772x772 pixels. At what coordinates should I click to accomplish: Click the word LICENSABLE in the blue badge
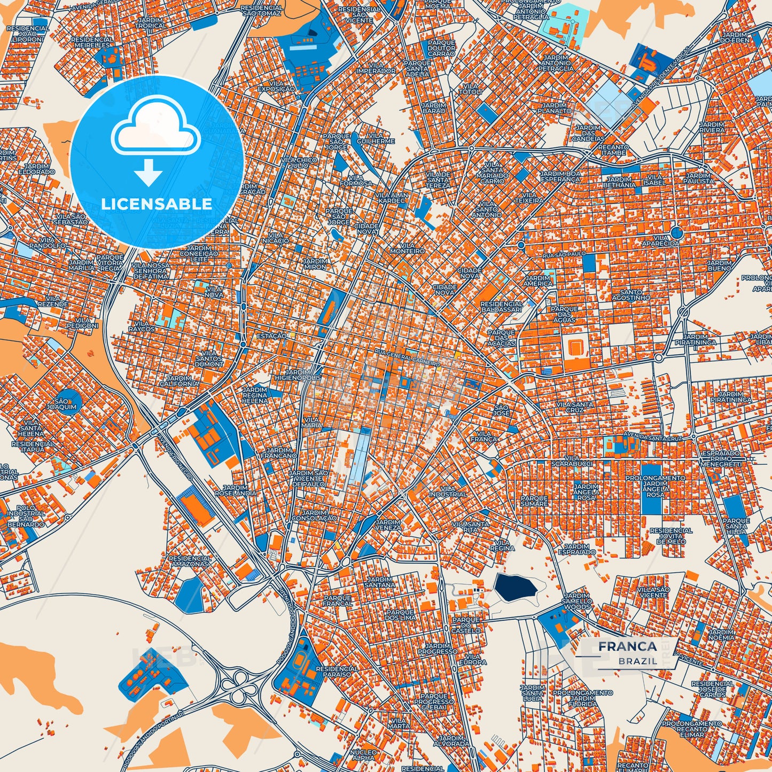click(157, 204)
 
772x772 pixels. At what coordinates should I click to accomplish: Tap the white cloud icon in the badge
click(156, 128)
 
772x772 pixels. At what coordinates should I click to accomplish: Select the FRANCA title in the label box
click(627, 646)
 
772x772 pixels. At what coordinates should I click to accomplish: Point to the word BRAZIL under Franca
click(638, 661)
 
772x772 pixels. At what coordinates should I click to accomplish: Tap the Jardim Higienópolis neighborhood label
click(298, 375)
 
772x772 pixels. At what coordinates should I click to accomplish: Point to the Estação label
click(271, 336)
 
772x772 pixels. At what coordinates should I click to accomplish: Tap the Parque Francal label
click(337, 601)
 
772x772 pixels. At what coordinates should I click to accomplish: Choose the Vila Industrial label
click(448, 492)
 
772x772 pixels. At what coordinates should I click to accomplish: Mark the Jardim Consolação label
click(314, 515)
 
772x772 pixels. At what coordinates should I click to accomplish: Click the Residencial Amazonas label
click(190, 561)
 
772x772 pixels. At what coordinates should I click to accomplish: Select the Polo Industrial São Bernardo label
click(26, 516)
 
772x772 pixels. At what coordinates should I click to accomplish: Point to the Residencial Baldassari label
click(501, 307)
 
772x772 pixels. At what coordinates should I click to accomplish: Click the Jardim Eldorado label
click(36, 169)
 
